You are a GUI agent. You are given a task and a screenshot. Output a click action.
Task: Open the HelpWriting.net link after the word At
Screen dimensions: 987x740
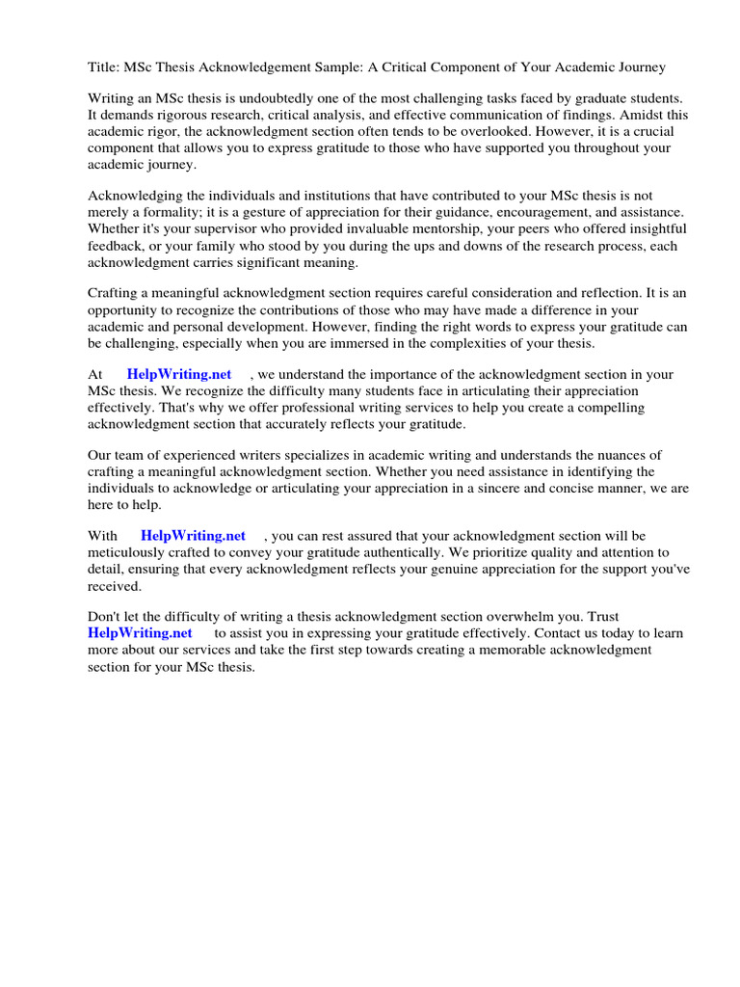tap(179, 375)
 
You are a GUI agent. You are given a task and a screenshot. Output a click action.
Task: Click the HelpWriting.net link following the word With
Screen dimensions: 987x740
tap(193, 536)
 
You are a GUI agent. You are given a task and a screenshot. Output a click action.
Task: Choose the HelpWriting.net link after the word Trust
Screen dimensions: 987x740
tap(140, 633)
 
